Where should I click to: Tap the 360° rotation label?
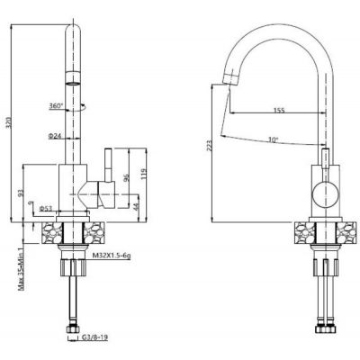[57, 105]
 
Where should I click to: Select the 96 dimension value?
[127, 177]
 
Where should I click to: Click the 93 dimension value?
[19, 192]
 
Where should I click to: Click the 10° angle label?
[273, 139]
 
